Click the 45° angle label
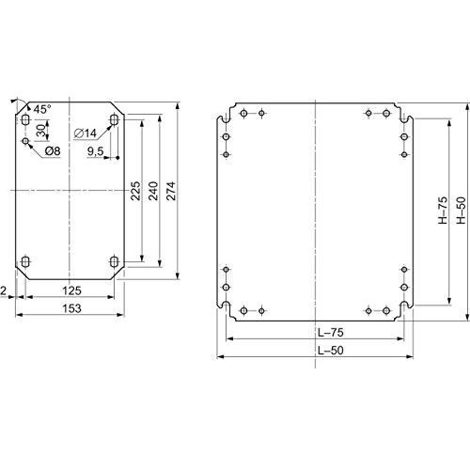[42, 110]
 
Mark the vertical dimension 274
[172, 191]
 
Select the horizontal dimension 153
[70, 307]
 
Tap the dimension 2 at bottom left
[6, 291]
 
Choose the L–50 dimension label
[317, 349]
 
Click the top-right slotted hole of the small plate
[115, 121]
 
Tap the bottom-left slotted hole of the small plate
[26, 261]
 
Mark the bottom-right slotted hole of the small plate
[115, 261]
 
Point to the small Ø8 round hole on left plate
[26, 141]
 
